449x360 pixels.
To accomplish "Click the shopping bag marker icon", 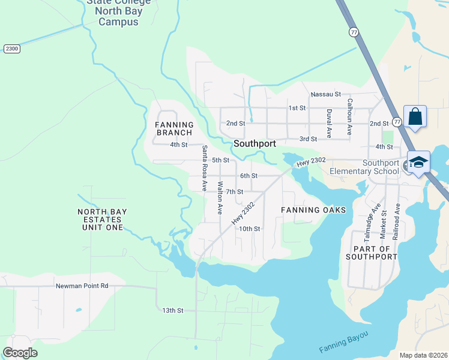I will (415, 116).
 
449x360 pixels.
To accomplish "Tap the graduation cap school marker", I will (418, 163).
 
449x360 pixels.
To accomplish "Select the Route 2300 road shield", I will (11, 49).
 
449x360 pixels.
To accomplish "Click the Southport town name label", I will (255, 144).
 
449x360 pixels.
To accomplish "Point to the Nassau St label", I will (325, 94).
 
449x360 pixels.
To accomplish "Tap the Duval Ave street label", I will (329, 124).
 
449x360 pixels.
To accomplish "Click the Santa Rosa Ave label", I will (204, 168).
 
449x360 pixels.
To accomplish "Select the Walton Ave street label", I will (220, 198).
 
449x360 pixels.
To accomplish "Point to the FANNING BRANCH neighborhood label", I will (175, 129).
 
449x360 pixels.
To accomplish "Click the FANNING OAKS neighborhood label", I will (313, 210).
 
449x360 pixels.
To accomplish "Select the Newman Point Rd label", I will (82, 286).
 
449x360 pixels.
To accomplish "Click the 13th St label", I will (172, 310).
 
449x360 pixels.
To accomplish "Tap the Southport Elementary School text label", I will (364, 167).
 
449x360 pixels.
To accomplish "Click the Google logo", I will (20, 353).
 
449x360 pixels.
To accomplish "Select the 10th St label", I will (249, 229).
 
